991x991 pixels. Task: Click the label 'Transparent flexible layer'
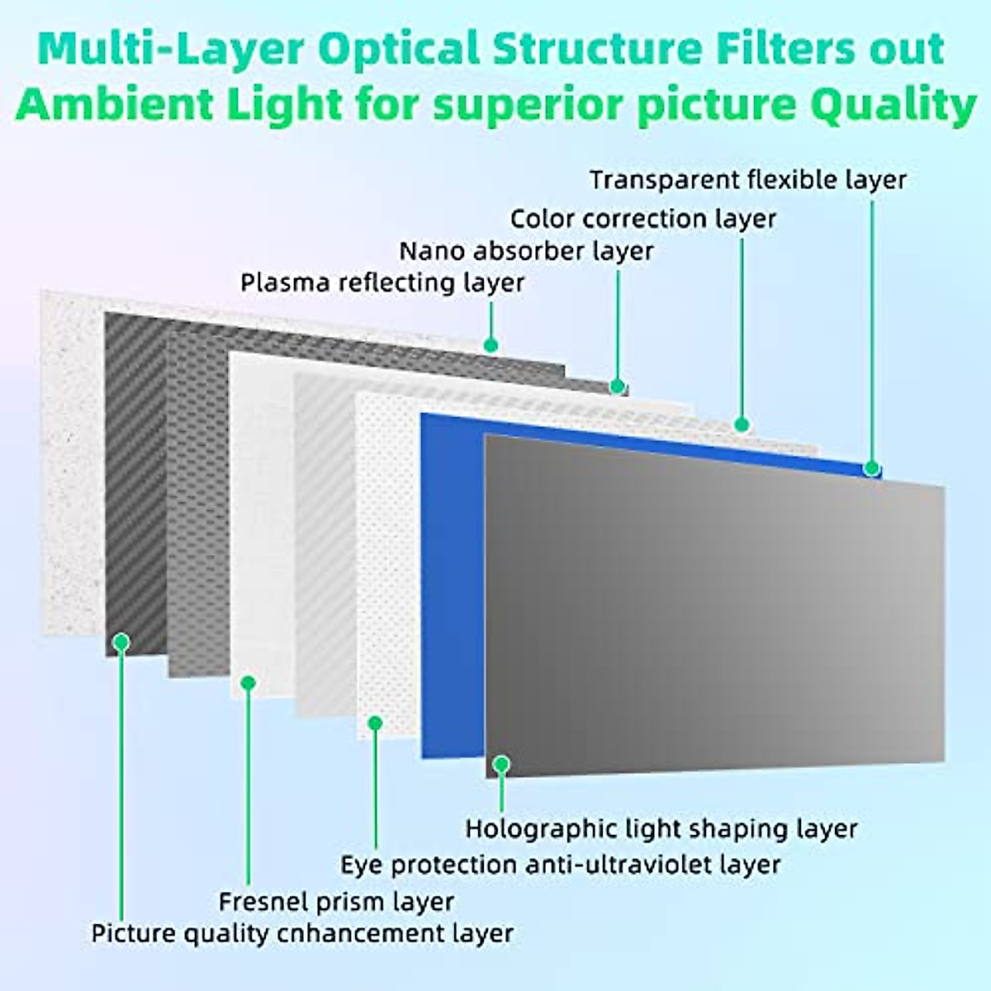click(x=748, y=179)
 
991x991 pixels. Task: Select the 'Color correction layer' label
click(x=642, y=219)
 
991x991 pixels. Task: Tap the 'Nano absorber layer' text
click(x=526, y=251)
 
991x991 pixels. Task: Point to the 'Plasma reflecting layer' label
click(x=382, y=282)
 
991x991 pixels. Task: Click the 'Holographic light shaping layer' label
click(x=661, y=828)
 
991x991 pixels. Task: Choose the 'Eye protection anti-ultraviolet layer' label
click(x=560, y=865)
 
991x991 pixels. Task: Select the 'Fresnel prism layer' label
click(x=336, y=902)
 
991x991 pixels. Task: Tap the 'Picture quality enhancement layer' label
click(x=302, y=934)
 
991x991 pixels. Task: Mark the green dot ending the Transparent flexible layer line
click(x=871, y=468)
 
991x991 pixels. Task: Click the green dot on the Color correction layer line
click(x=742, y=424)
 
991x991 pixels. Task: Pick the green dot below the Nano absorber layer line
click(x=617, y=386)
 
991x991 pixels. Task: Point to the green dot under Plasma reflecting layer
click(x=491, y=344)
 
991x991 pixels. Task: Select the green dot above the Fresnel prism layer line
click(x=248, y=682)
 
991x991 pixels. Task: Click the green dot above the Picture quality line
click(x=121, y=641)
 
